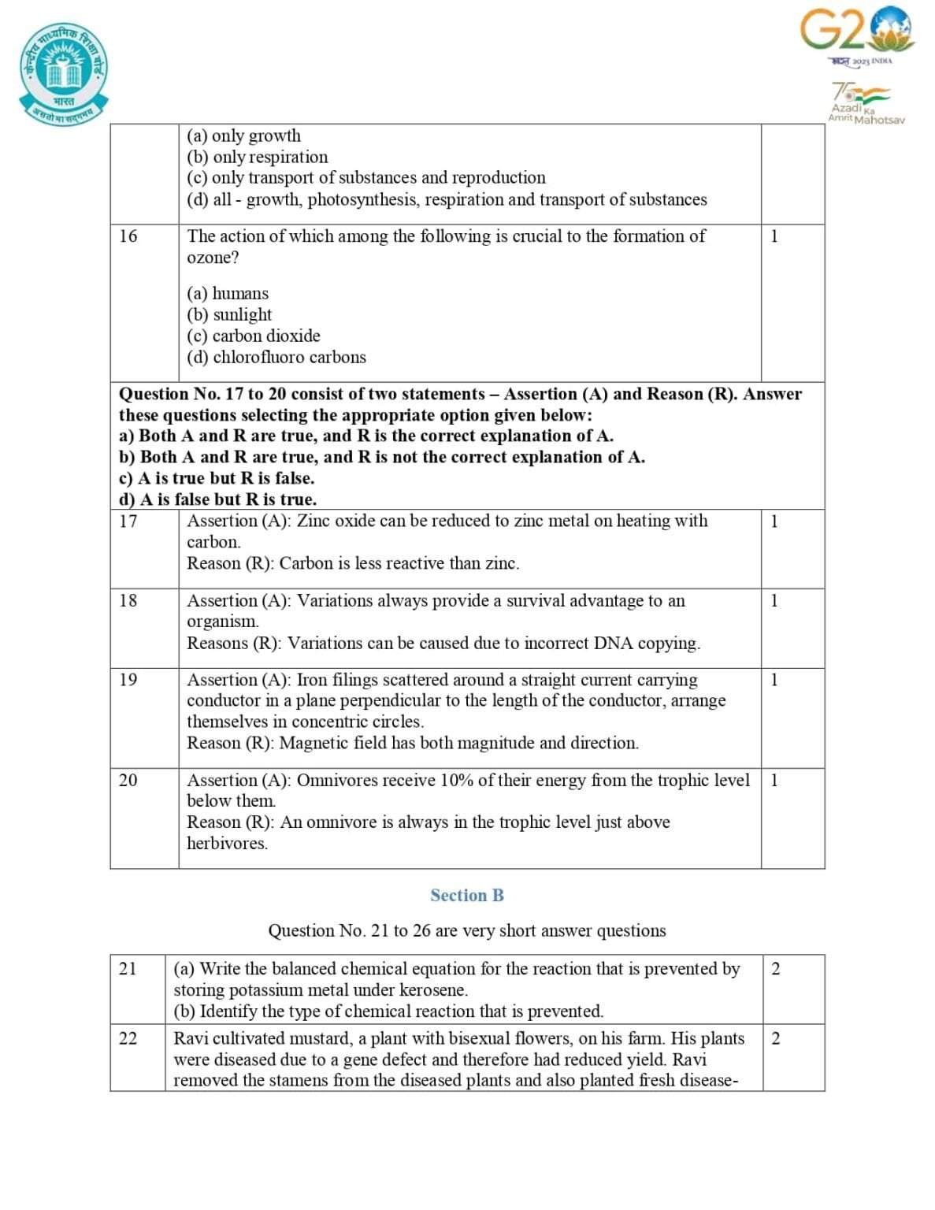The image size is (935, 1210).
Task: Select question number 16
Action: (128, 236)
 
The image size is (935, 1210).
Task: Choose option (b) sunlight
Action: (229, 314)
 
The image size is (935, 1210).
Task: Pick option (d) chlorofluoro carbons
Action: (276, 357)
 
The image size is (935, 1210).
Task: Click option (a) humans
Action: (228, 293)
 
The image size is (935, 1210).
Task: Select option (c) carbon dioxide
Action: (254, 336)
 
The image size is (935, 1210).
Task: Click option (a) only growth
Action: (243, 135)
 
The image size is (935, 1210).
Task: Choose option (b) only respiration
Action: (258, 157)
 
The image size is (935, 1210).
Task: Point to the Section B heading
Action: (466, 895)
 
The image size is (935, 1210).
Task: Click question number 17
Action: (128, 521)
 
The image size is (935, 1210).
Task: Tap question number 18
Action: (128, 600)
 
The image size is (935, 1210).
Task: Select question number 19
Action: (128, 679)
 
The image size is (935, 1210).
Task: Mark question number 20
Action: (128, 780)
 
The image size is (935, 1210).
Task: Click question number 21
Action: (128, 968)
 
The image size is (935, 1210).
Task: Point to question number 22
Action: (128, 1038)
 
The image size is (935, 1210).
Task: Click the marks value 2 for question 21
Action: (775, 969)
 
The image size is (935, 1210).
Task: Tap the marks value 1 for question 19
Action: (774, 679)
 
